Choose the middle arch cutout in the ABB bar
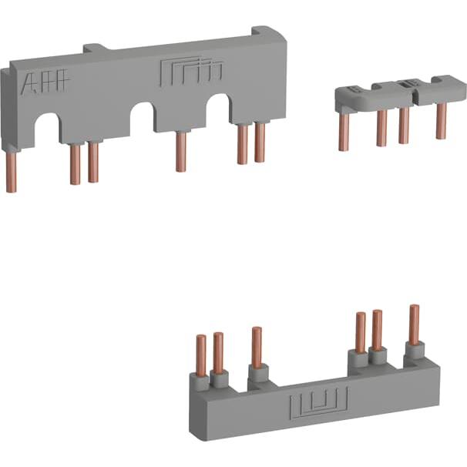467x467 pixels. pyautogui.click(x=143, y=117)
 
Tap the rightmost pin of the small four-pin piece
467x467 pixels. pyautogui.click(x=441, y=121)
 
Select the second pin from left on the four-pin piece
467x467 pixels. pyautogui.click(x=381, y=126)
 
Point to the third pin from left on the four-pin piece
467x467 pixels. pyautogui.click(x=404, y=126)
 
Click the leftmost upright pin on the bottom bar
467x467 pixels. pyautogui.click(x=201, y=354)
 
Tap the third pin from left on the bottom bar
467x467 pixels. pyautogui.click(x=257, y=348)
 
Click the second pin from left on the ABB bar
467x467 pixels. pyautogui.click(x=76, y=164)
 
